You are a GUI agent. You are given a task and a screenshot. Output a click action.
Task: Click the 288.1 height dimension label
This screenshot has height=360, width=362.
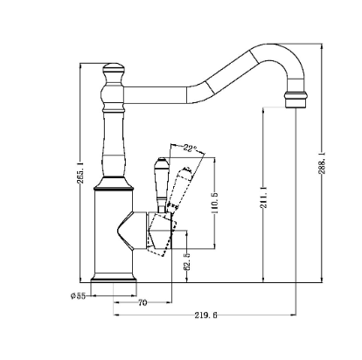point(322,163)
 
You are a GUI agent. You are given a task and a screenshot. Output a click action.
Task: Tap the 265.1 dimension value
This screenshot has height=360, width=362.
point(80,172)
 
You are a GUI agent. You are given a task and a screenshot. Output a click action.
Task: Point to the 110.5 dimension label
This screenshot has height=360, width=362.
point(215,203)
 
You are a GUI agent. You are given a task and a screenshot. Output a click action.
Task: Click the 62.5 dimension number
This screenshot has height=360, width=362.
point(187,261)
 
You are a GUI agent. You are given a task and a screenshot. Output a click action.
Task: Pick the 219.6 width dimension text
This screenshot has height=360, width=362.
point(205,315)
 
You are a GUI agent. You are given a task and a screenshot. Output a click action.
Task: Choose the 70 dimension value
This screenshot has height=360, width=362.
point(143,303)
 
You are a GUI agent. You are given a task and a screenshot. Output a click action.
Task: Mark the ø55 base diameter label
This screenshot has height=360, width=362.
point(78,296)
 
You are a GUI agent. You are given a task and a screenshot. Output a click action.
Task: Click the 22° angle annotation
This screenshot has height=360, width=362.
point(190,148)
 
